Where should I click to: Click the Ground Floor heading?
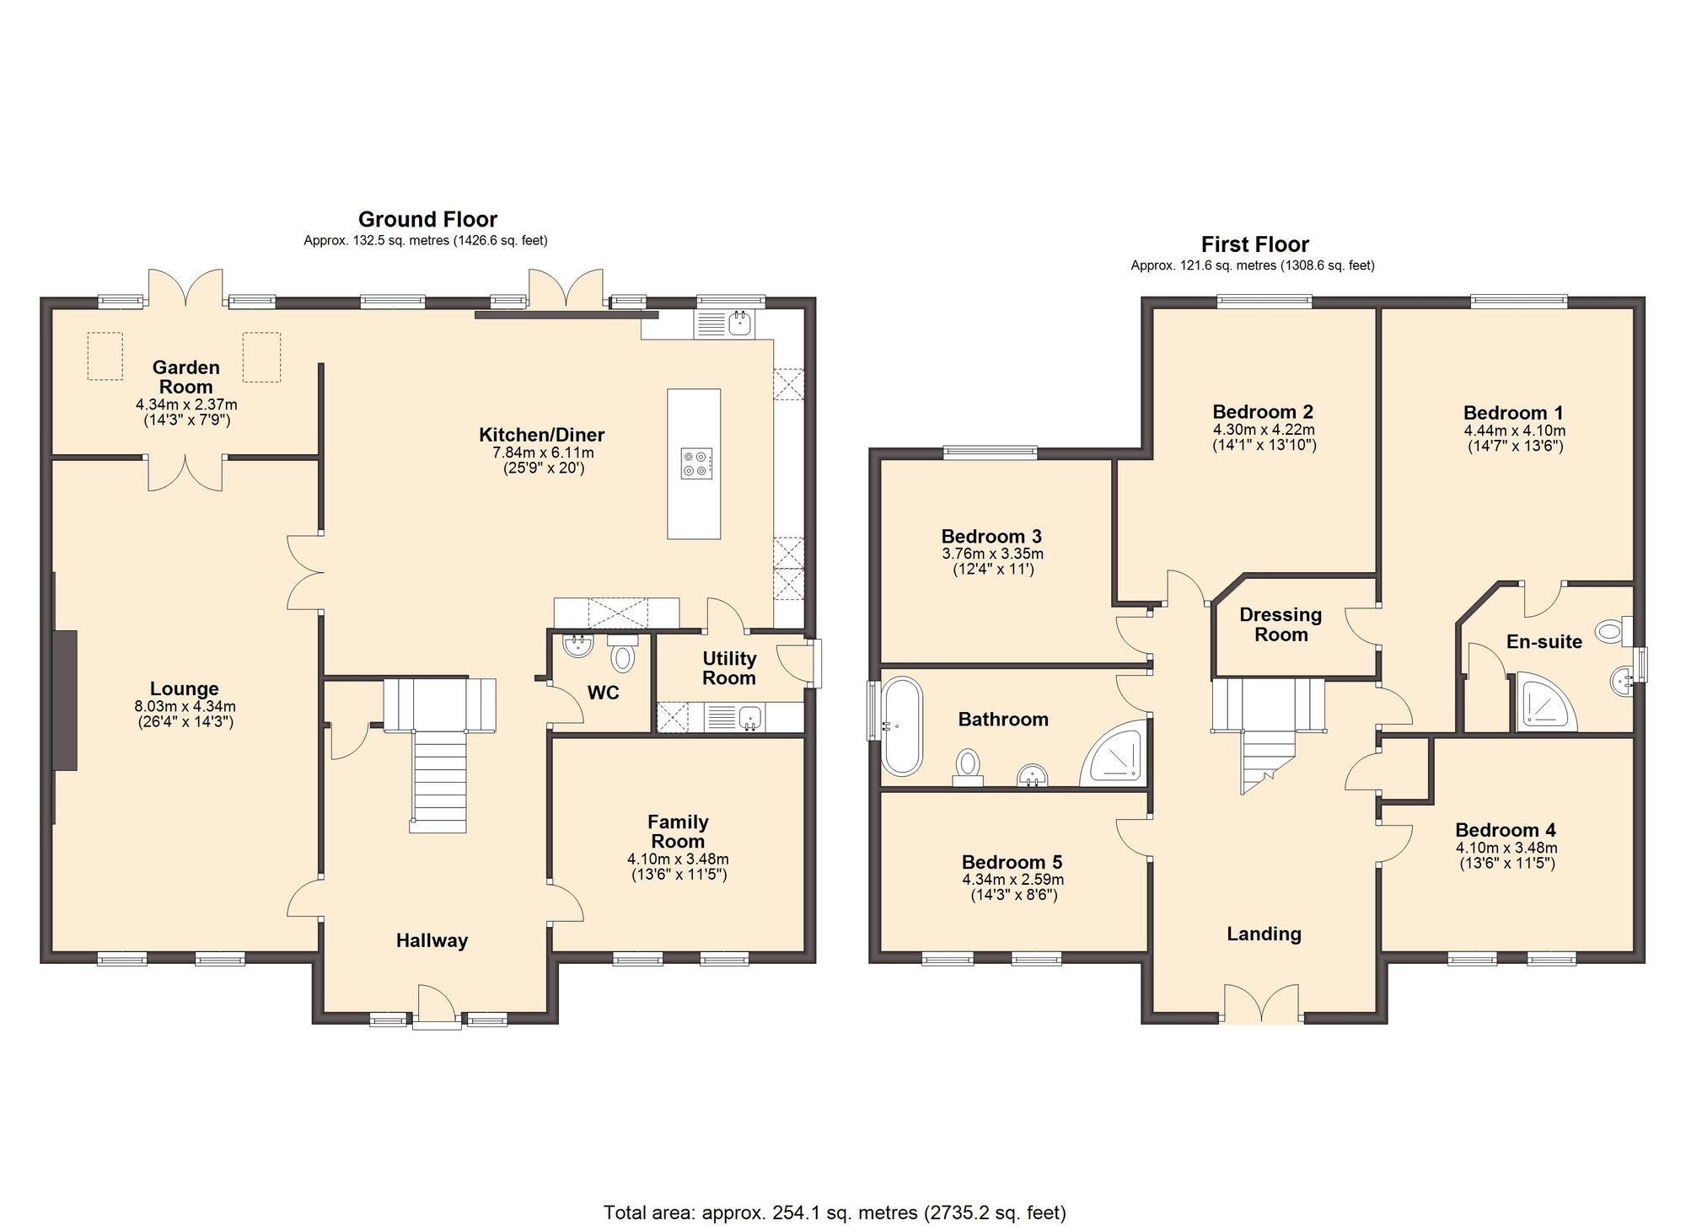427,219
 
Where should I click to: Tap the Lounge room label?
184,688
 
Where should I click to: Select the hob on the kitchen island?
696,463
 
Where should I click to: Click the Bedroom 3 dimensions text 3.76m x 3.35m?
992,554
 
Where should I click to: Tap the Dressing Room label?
1280,624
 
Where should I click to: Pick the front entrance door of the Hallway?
437,1007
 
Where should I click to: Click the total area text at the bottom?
835,1213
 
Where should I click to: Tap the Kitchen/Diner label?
541,435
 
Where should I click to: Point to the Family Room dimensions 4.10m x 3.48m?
678,859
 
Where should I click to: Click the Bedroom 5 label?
1012,862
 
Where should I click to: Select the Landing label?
1263,934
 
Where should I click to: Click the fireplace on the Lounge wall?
64,699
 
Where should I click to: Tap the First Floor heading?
1254,244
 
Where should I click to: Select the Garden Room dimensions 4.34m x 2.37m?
186,404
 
